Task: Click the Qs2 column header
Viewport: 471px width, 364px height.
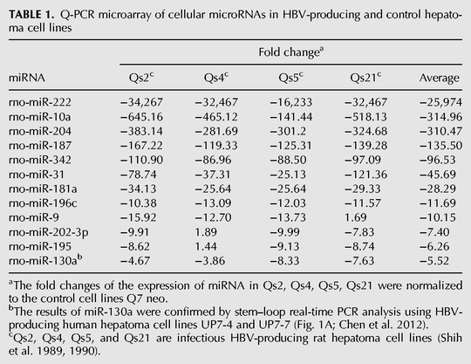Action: tap(141, 78)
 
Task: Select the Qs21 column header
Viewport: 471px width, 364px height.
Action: tap(365, 78)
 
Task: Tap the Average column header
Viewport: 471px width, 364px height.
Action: tap(439, 79)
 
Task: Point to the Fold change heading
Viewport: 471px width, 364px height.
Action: tap(290, 52)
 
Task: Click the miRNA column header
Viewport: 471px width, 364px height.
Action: tap(27, 79)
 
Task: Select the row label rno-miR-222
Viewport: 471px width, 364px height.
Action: tap(40, 102)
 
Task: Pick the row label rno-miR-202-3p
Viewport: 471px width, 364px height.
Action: tap(49, 232)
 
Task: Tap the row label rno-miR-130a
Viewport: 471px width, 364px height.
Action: tap(45, 260)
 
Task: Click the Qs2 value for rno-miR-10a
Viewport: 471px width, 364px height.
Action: tap(141, 117)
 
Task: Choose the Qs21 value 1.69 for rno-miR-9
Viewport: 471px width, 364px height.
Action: tap(356, 217)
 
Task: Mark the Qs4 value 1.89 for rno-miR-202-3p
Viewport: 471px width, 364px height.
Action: tap(206, 231)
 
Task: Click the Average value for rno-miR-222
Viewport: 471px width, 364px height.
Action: tap(440, 102)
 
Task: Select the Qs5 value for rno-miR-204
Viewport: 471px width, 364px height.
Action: tap(288, 131)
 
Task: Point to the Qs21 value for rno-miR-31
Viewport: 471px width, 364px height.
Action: tap(365, 175)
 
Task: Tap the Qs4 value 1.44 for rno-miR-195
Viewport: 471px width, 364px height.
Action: tap(206, 246)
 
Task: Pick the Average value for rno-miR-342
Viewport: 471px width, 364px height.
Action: tap(438, 160)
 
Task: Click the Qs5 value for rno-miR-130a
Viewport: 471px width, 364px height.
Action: tap(284, 261)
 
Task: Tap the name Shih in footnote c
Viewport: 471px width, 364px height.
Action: tap(449, 338)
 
